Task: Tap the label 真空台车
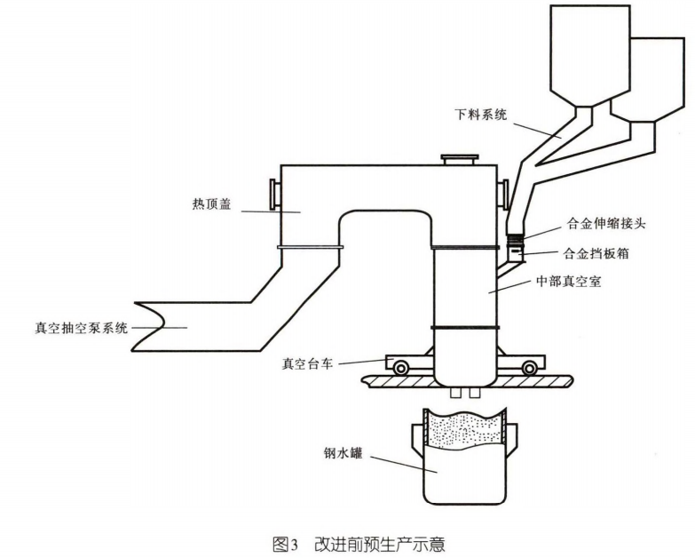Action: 307,362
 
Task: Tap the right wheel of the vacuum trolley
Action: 530,365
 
